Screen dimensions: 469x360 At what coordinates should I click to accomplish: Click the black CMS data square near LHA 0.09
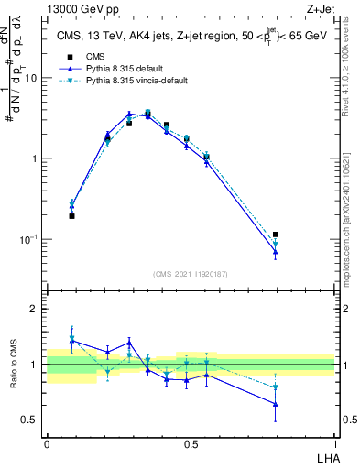72,216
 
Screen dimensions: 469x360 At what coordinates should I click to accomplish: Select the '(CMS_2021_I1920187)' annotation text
191,274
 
